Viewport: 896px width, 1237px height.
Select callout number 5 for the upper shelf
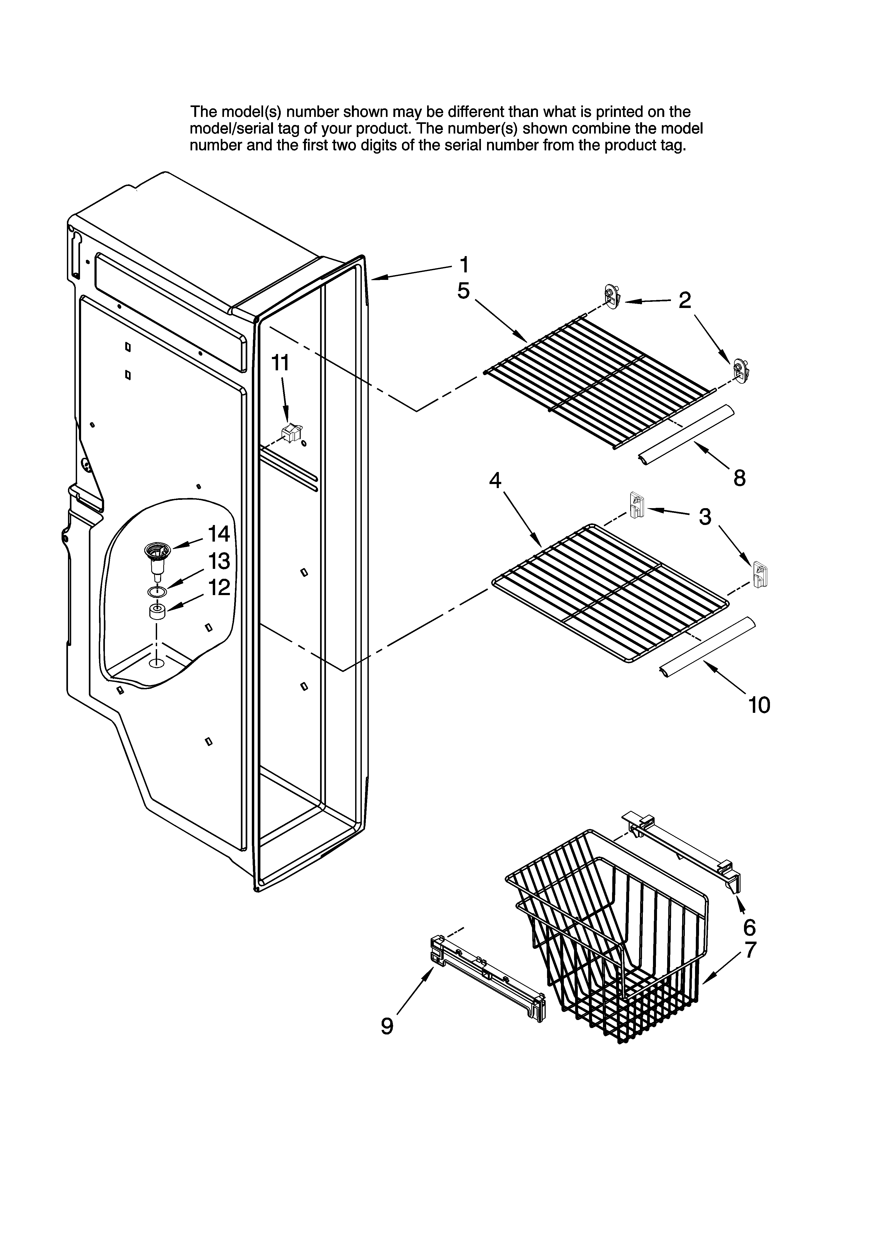463,291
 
